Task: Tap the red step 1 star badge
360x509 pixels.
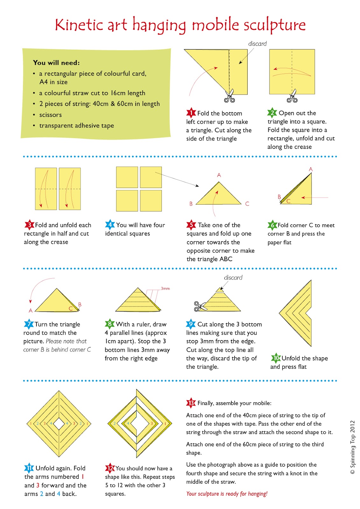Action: click(191, 113)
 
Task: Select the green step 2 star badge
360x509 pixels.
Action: click(272, 113)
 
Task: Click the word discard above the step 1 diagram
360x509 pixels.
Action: click(257, 44)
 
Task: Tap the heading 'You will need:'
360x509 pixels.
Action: click(56, 63)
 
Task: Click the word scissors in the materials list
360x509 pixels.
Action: click(51, 115)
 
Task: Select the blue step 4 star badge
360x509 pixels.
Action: click(110, 225)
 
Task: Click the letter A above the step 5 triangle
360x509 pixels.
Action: click(219, 175)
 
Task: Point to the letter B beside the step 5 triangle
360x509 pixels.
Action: click(191, 204)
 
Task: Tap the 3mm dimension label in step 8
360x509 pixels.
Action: click(165, 289)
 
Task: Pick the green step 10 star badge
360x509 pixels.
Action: click(276, 358)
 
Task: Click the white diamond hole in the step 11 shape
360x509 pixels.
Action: click(59, 423)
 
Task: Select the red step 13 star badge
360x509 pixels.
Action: click(191, 403)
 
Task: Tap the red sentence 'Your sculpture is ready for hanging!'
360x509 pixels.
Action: click(227, 493)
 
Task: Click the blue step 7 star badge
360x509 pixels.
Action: click(29, 324)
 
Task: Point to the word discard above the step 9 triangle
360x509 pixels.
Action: click(233, 277)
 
